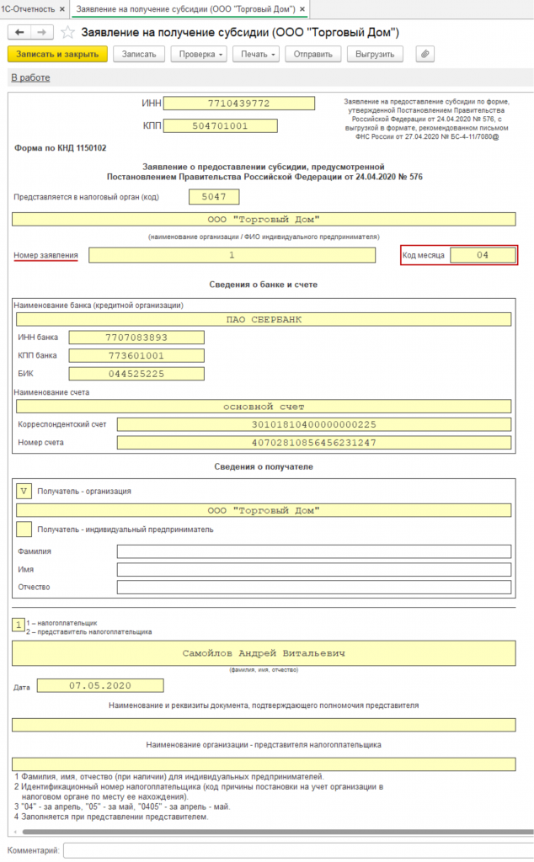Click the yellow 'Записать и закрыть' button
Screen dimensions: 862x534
(x=57, y=54)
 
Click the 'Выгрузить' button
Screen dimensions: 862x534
(x=375, y=54)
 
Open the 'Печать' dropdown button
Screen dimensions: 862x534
(x=258, y=54)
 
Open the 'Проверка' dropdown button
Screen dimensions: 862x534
(x=199, y=54)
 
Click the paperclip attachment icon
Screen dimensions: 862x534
(x=425, y=54)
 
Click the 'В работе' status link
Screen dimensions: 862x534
(x=30, y=77)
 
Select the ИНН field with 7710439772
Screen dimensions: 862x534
(x=238, y=104)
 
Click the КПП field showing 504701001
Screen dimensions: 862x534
(x=221, y=126)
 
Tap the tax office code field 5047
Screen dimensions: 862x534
(x=215, y=197)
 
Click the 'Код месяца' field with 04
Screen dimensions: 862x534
(x=483, y=254)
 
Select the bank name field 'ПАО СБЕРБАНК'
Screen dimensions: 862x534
(x=264, y=320)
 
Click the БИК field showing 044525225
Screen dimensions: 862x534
(x=136, y=373)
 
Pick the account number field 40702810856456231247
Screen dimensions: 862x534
(x=314, y=443)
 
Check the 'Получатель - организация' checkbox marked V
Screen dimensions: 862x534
(x=24, y=491)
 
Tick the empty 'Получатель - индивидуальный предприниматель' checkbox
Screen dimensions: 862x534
(x=24, y=529)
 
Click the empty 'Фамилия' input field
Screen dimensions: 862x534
(x=313, y=551)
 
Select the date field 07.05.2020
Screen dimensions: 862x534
(x=100, y=686)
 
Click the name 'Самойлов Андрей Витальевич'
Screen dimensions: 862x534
(x=264, y=652)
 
